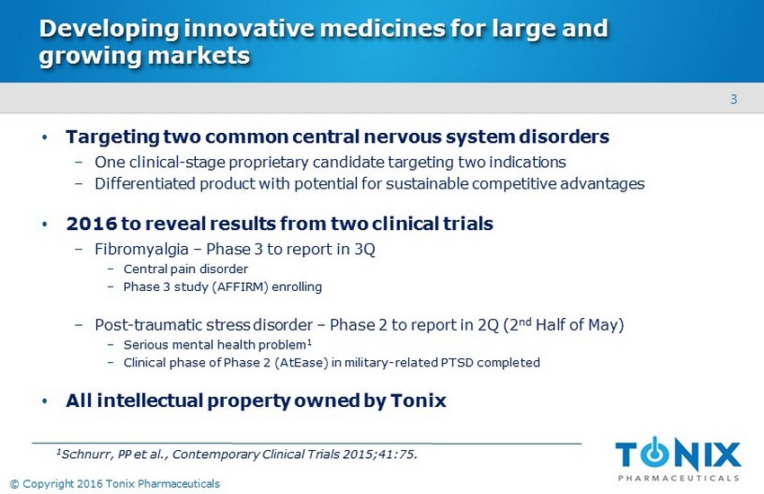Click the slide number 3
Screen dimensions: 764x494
click(733, 100)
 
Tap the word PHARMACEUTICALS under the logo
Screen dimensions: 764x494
click(679, 478)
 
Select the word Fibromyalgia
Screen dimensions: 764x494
click(141, 249)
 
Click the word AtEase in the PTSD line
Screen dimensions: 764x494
click(302, 363)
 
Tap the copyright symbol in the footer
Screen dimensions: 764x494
click(14, 484)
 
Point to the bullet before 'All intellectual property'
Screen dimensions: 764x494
click(45, 401)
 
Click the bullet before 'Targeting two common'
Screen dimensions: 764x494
click(45, 137)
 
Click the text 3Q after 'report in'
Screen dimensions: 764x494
click(364, 249)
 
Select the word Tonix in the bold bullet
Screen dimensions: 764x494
click(418, 401)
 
